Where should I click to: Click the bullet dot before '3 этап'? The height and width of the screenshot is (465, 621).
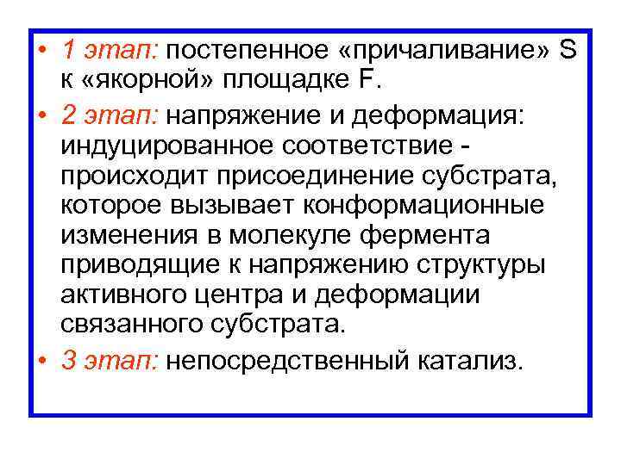click(x=42, y=359)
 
